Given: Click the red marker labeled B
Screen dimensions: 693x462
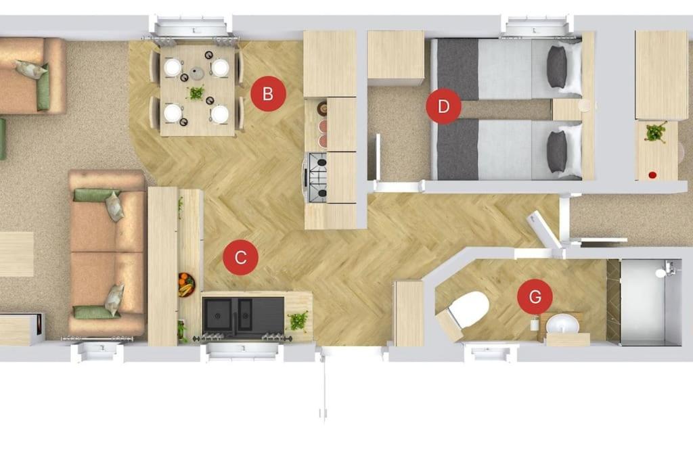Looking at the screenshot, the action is (268, 93).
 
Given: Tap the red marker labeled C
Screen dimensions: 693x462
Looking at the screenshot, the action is (240, 258).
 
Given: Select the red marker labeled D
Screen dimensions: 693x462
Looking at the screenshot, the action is (443, 106).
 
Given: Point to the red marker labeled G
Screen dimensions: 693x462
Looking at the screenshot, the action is (535, 296).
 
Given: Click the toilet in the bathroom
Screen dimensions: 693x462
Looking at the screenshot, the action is (468, 309).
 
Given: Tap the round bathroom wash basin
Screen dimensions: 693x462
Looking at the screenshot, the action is (562, 326).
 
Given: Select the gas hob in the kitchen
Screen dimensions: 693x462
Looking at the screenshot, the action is (316, 177).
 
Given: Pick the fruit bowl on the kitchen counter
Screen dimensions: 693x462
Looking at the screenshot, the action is (187, 285).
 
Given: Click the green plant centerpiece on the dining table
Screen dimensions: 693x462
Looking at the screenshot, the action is (196, 93).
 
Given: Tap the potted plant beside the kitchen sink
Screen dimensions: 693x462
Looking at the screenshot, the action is (298, 321).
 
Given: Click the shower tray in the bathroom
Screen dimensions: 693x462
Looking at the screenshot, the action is (650, 302).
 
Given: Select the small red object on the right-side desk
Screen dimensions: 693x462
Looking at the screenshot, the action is (652, 175).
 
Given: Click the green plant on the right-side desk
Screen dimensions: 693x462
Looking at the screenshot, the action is (655, 133).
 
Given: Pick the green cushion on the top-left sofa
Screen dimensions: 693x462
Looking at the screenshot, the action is (43, 87).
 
